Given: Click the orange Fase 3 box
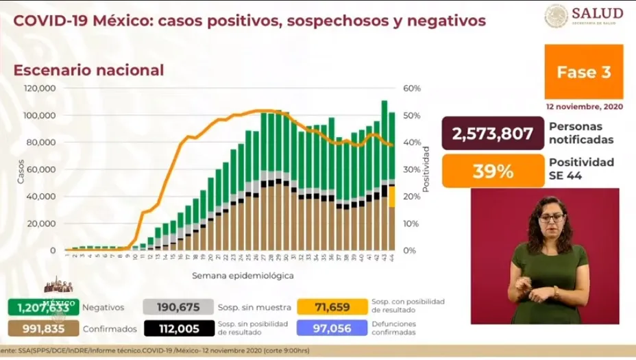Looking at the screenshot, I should [583, 72].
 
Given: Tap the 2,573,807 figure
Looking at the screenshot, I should [493, 133].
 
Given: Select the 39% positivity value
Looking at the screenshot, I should [493, 171].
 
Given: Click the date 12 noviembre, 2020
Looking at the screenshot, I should [584, 107].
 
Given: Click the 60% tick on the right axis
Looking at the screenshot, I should [411, 88].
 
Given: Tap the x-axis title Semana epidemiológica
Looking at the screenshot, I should [233, 276].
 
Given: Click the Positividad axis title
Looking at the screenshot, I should [426, 169].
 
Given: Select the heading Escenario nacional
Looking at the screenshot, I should [89, 70].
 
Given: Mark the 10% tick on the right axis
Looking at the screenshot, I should [411, 224].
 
